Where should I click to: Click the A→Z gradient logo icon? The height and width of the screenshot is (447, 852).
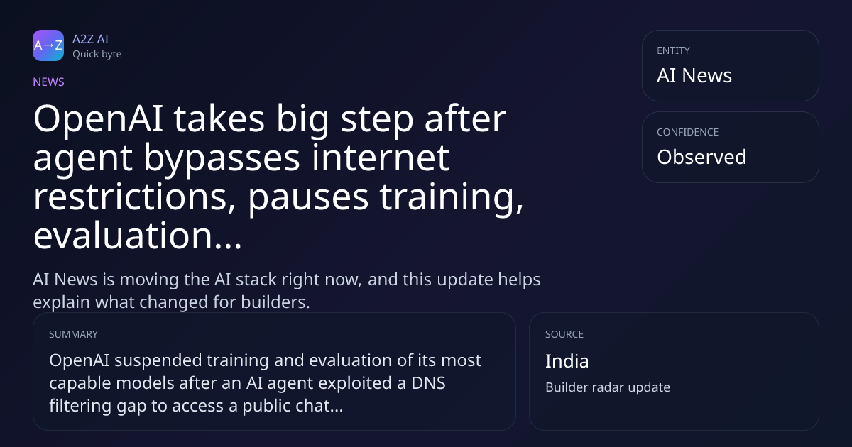point(48,45)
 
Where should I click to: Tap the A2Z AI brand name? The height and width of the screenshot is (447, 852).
point(91,39)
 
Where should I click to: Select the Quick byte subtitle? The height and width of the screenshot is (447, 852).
point(97,55)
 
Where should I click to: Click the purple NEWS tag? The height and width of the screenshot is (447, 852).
point(49,82)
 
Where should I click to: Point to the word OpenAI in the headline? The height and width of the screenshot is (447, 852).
point(99,120)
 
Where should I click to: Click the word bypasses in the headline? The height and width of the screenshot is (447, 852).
point(222,159)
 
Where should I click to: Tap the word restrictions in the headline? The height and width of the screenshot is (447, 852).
point(135,197)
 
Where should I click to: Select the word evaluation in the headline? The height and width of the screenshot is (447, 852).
point(123,236)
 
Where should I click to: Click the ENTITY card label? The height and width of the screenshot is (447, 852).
point(673,50)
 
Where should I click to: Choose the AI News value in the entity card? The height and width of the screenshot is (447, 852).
point(694,75)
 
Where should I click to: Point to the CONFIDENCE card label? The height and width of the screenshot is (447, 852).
point(688,132)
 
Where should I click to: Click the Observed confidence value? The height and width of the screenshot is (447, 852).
point(701,157)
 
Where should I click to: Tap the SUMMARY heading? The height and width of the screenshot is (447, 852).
point(73,334)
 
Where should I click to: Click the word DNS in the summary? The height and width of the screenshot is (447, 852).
point(428,382)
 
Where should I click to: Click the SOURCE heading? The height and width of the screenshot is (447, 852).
point(564,334)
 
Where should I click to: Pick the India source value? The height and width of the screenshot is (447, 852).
point(567,361)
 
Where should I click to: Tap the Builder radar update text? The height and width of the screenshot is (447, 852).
point(608,387)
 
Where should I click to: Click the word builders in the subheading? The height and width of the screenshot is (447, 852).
point(275,302)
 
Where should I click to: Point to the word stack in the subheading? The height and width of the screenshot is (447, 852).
point(256,280)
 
